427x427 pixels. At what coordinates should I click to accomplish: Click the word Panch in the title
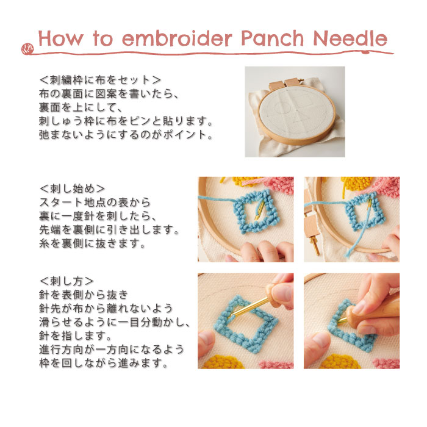pyautogui.click(x=272, y=38)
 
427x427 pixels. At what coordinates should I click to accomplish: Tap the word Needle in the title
pyautogui.click(x=350, y=38)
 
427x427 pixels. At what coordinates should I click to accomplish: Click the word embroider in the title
pyautogui.click(x=177, y=38)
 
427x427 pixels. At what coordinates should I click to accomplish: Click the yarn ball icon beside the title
pyautogui.click(x=27, y=49)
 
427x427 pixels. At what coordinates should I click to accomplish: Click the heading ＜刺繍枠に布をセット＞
pyautogui.click(x=100, y=80)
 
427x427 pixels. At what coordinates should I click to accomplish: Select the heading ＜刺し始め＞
pyautogui.click(x=72, y=188)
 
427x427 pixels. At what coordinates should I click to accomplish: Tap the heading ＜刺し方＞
pyautogui.click(x=66, y=281)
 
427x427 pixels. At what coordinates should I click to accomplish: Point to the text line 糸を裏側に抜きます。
pyautogui.click(x=93, y=243)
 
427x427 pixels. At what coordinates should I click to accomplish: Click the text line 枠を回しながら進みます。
pyautogui.click(x=104, y=363)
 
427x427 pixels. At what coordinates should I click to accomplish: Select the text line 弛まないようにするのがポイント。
pyautogui.click(x=126, y=135)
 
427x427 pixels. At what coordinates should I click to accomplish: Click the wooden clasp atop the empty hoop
pyautogui.click(x=284, y=84)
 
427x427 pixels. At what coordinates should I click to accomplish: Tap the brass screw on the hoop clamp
pyautogui.click(x=315, y=246)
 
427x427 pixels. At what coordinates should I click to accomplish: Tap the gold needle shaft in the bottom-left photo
pyautogui.click(x=249, y=307)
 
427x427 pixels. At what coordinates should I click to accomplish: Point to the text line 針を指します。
pyautogui.click(x=76, y=335)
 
